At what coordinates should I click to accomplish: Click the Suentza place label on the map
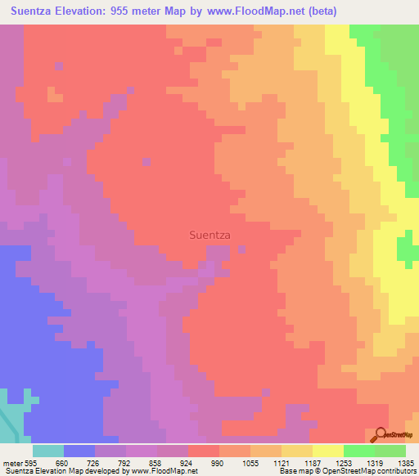tap(209, 235)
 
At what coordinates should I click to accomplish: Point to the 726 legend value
tap(94, 462)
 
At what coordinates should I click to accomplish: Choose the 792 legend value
tap(125, 462)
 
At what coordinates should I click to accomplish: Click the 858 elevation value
tap(156, 462)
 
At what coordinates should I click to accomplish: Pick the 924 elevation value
tap(187, 462)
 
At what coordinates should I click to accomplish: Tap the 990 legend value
tap(219, 462)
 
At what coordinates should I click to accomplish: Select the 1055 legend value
tap(250, 462)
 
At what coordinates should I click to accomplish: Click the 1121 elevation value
tap(281, 462)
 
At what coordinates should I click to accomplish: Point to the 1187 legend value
tap(312, 462)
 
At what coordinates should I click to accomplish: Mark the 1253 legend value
tap(343, 462)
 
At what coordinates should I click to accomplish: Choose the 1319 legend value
tap(374, 462)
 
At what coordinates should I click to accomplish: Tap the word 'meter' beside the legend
tap(12, 462)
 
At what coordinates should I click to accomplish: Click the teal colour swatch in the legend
tap(47, 451)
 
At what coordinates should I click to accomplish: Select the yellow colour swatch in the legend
tap(327, 451)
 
